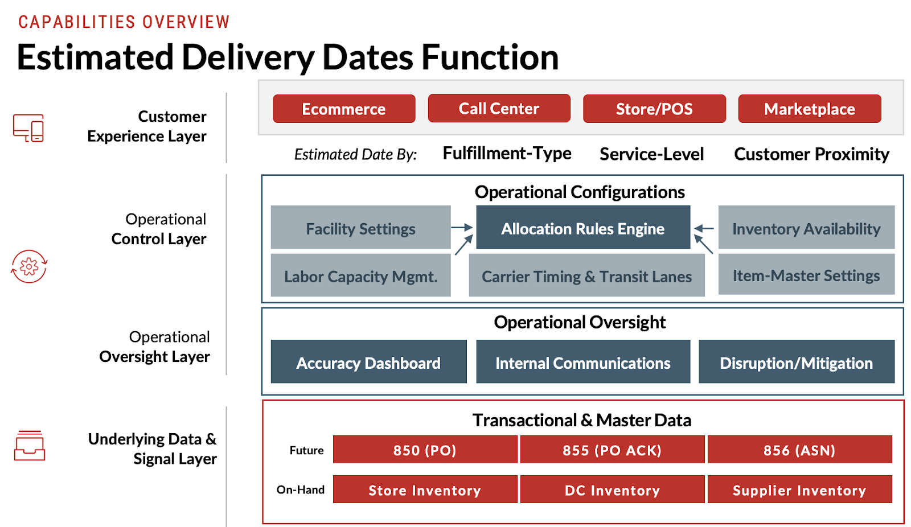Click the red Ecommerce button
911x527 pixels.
[x=344, y=109]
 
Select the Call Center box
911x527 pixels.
[x=499, y=108]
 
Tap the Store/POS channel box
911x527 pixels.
[x=654, y=109]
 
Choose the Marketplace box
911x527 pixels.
[x=809, y=109]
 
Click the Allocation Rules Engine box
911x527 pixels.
[x=583, y=228]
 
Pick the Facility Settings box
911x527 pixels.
[x=360, y=228]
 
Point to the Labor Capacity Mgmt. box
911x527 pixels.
[x=360, y=276]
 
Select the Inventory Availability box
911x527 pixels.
[x=806, y=228]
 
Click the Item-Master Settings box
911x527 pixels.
[x=806, y=275]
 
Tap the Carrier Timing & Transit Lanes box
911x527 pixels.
[x=586, y=276]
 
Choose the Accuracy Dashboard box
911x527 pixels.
[x=368, y=362]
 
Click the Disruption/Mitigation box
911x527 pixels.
[x=796, y=362]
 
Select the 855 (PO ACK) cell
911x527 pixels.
[x=612, y=450]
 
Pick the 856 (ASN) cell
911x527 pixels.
[x=799, y=450]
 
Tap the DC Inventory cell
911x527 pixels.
[x=612, y=489]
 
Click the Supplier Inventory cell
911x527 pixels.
[x=799, y=489]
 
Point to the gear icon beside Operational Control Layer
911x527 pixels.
[x=29, y=266]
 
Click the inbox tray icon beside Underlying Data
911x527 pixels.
[x=29, y=446]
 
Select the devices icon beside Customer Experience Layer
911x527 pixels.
[x=28, y=128]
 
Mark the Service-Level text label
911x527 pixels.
[x=651, y=154]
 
